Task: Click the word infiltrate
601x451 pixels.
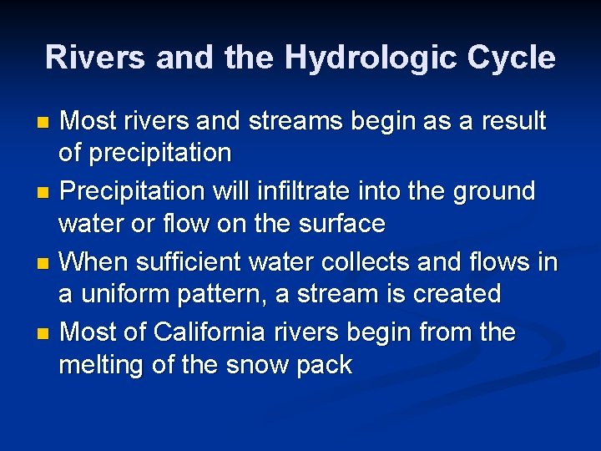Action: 290,191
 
